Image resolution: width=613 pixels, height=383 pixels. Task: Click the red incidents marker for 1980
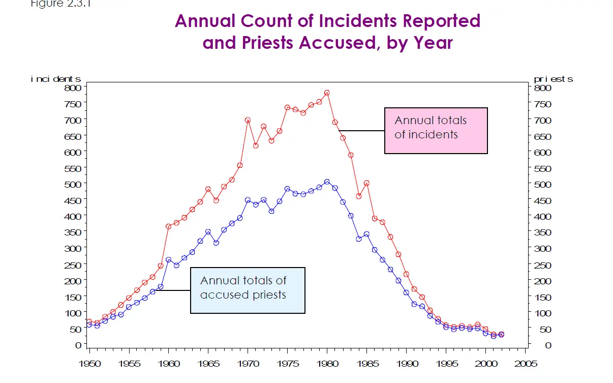coord(327,93)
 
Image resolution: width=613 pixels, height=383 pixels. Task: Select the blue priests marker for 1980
coord(327,182)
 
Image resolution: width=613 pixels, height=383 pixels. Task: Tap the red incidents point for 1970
coord(248,120)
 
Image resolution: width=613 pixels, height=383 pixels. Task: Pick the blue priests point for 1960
coord(169,260)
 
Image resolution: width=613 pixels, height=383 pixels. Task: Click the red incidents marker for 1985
coord(366,183)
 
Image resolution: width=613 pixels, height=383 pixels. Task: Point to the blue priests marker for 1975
coord(287,189)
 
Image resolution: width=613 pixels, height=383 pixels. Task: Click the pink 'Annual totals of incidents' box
coord(436,130)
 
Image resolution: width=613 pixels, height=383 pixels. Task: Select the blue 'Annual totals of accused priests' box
coord(248,290)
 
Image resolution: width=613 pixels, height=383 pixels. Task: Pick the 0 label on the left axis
coord(79,345)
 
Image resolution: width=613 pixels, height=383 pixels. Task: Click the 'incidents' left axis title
coord(56,79)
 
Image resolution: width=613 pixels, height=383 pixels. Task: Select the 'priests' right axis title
coord(554,79)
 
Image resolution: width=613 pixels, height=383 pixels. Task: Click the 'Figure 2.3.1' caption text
coord(56,3)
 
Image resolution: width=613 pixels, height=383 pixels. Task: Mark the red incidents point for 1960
coord(169,226)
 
